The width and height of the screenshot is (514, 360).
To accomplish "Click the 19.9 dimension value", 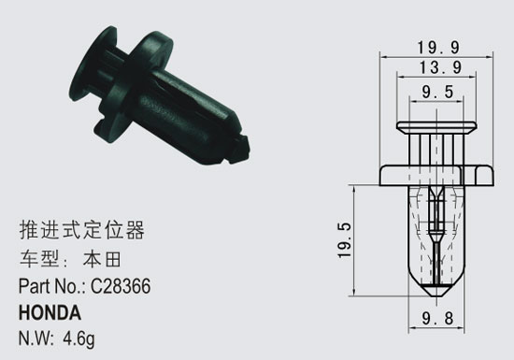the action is click(x=438, y=48).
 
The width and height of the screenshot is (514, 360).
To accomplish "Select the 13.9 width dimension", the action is click(x=440, y=67).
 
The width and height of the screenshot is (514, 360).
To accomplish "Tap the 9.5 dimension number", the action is click(x=437, y=92).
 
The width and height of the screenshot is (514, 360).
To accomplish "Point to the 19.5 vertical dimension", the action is click(x=345, y=240).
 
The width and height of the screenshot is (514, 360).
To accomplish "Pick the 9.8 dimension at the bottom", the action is click(x=437, y=318).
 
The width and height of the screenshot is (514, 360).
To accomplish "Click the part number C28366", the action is click(x=121, y=286).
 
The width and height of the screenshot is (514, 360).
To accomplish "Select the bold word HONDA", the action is click(x=50, y=312).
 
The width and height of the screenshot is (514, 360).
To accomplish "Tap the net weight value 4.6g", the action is click(x=79, y=338).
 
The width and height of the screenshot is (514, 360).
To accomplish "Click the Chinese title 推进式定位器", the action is click(x=81, y=230).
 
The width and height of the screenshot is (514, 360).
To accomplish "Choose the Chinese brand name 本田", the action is click(x=102, y=259).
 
